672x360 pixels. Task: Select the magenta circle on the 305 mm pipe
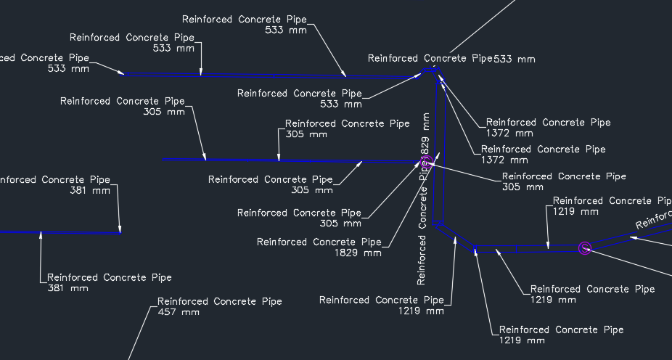pos(427,161)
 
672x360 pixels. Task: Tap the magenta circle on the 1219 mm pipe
pos(585,248)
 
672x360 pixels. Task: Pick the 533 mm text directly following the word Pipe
pos(515,59)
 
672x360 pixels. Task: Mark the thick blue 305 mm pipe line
pos(290,160)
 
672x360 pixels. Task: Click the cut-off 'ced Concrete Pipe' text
pos(44,57)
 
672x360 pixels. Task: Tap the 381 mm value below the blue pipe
pos(67,288)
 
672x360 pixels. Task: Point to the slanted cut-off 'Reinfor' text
pos(653,218)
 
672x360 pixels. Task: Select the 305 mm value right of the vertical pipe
pos(523,187)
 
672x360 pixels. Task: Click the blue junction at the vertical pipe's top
pos(431,71)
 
